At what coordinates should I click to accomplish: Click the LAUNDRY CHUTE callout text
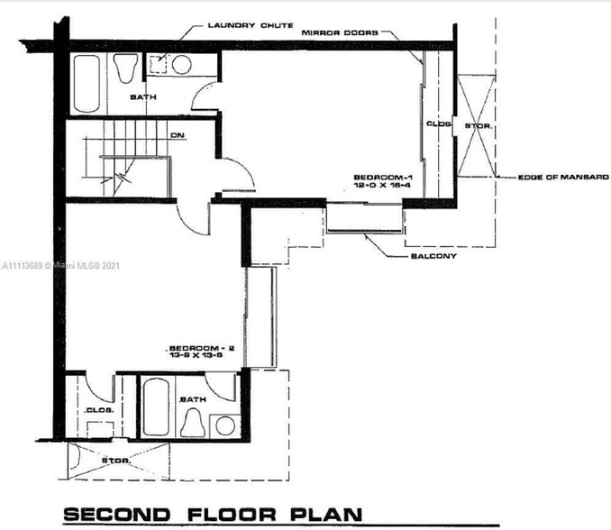pos(251,25)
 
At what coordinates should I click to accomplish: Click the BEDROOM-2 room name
pos(196,348)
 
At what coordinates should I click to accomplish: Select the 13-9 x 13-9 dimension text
pos(196,357)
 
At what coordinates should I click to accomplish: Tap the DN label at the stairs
pos(178,136)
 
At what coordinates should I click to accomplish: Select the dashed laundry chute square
pos(158,62)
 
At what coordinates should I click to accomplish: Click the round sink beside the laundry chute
pos(181,65)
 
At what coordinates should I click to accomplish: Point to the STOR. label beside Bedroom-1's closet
pos(478,125)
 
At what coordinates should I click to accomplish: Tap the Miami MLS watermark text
pos(60,266)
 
